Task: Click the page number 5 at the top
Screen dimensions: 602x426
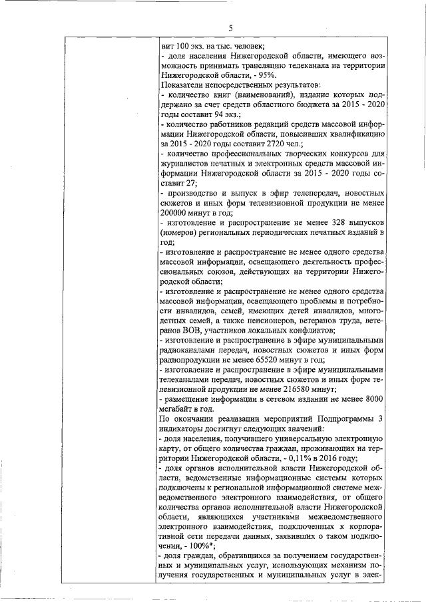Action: [x=230, y=27]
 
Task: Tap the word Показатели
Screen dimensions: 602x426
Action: [x=182, y=85]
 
